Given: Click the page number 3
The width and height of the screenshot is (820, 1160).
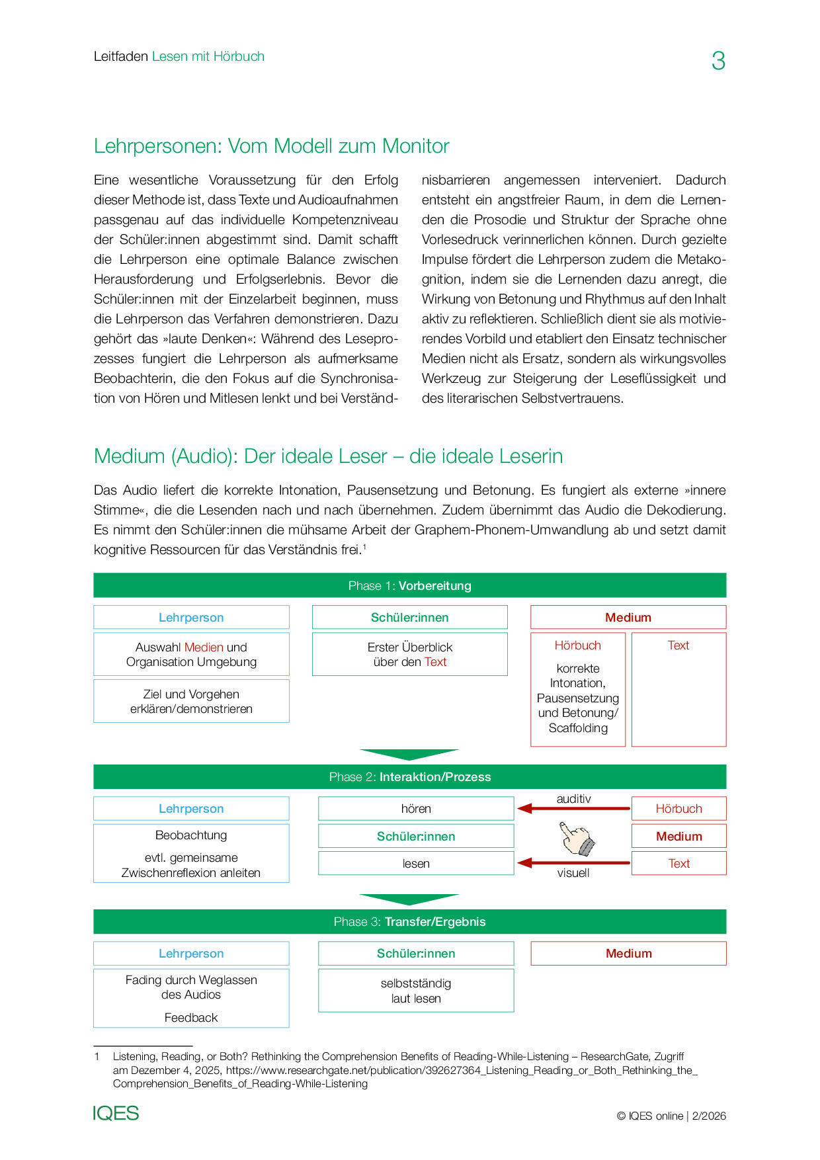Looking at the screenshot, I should point(718,61).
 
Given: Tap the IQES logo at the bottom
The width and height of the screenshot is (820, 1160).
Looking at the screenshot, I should point(116,1114).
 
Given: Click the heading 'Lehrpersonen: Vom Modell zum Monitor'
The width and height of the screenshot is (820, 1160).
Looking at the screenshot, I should point(271,146).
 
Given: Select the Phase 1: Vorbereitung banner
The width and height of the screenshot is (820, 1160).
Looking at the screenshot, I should point(409,585).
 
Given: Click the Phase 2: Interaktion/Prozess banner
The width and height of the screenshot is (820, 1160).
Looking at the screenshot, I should point(409,777).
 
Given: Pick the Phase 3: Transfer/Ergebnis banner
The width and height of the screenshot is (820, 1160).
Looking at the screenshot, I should point(409,922).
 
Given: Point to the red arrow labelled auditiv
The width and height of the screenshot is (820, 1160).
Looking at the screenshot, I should point(573,808).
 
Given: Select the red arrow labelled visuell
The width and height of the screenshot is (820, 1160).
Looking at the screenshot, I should point(573,863).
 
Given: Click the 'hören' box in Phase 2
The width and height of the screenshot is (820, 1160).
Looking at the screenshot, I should point(416,809).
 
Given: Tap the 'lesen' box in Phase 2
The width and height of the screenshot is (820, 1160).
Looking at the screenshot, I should point(416,864).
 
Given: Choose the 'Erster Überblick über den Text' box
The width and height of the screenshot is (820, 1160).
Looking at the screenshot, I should point(409,655).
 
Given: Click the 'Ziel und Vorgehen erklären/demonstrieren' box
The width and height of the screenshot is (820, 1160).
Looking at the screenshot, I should point(191,702).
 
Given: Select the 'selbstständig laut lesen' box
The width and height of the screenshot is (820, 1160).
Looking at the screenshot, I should point(416,991).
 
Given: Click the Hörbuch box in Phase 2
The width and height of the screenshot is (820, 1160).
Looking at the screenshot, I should point(678,809).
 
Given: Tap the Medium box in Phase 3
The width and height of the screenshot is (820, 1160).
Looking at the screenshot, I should point(628,954).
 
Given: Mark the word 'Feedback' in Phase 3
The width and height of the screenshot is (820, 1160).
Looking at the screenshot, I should point(191,1018).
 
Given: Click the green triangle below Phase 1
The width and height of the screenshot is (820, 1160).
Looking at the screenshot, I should point(409,755).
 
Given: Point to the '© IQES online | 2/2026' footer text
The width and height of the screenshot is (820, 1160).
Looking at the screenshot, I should point(671,1116).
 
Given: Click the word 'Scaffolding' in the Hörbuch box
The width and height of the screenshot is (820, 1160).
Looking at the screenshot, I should point(578,728).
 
